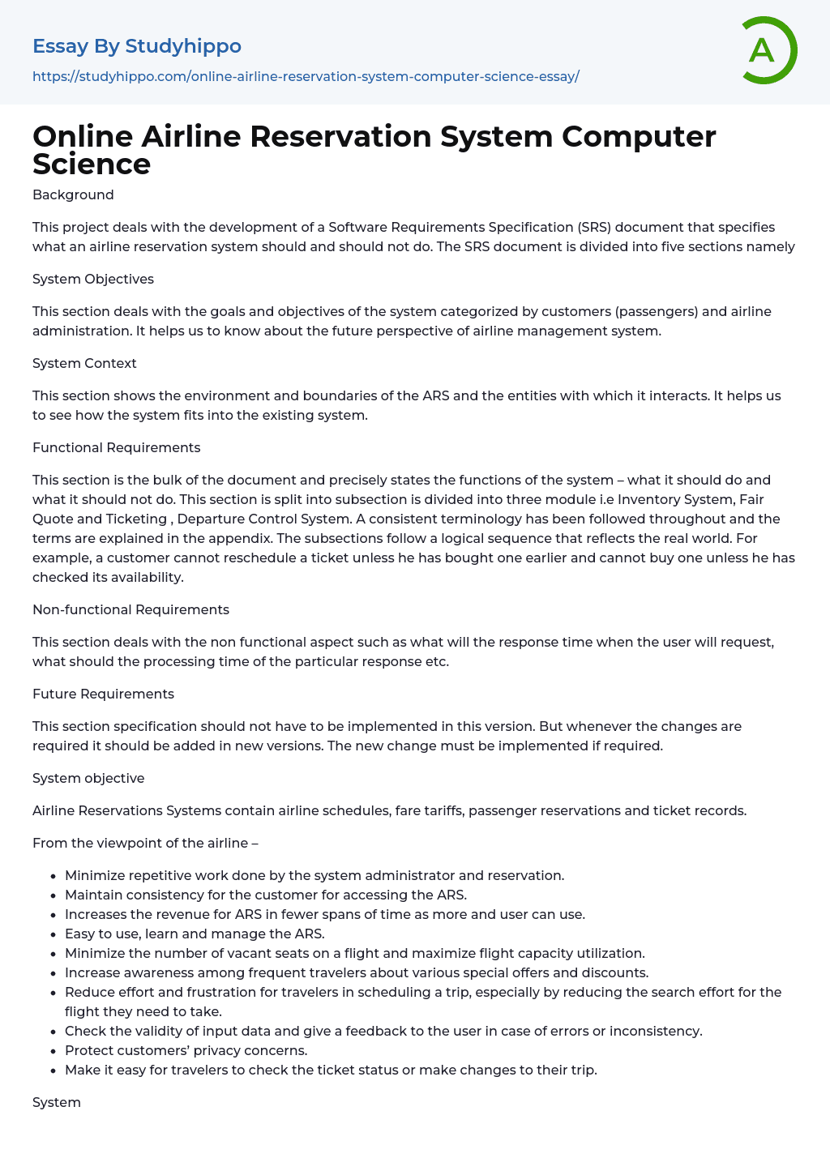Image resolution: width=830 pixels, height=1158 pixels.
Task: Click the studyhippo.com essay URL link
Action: tap(306, 76)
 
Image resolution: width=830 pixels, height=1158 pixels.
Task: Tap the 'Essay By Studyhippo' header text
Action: tap(137, 46)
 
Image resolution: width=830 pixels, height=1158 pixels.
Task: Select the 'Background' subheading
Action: tap(73, 194)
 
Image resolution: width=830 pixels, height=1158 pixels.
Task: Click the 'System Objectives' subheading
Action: tap(93, 279)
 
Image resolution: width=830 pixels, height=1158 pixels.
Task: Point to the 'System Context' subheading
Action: tap(84, 363)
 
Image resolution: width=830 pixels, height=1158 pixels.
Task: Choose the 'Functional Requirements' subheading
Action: tap(116, 447)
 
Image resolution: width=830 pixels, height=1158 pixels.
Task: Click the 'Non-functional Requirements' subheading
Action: tap(130, 609)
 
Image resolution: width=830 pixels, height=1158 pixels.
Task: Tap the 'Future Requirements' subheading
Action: tap(103, 694)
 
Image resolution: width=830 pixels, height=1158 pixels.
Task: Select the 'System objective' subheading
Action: tap(88, 778)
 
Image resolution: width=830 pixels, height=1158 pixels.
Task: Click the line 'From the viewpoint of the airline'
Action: tap(145, 843)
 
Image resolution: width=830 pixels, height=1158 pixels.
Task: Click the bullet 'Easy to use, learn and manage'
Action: tap(195, 934)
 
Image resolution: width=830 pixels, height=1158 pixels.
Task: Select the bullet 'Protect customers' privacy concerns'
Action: tap(186, 1050)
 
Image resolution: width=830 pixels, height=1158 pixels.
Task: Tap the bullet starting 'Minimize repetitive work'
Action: tap(314, 875)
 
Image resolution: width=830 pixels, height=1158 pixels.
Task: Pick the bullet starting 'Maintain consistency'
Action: tap(266, 895)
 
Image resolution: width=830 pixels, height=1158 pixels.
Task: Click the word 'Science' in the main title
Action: tap(92, 164)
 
